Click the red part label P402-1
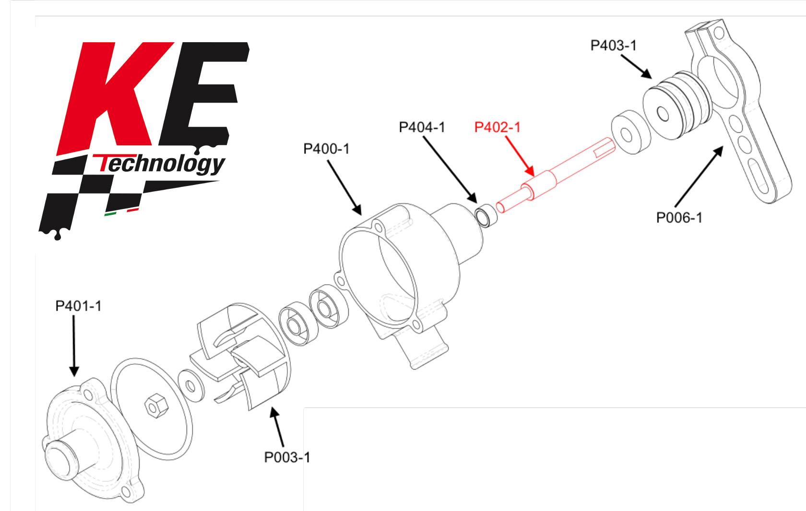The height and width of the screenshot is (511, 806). pos(497,128)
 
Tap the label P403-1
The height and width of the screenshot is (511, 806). pos(614,46)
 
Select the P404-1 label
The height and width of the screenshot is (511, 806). pos(422,128)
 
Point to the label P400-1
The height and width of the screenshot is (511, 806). pos(326,149)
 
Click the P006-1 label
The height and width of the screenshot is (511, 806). pos(679,218)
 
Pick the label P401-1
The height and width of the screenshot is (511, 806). pos(79,306)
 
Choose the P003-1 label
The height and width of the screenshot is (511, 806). pos(287,457)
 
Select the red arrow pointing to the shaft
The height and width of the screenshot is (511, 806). pos(520,156)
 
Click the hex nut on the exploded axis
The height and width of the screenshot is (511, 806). pos(156,406)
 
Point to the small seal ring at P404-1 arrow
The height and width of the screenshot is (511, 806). pos(486,216)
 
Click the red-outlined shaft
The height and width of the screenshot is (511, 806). pos(556,175)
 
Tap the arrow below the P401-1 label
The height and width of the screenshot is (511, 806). pos(74,346)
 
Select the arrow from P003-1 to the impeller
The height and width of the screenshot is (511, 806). pos(277,427)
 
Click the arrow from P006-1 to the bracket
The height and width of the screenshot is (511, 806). pos(699,176)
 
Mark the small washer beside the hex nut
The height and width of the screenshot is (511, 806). pos(191,386)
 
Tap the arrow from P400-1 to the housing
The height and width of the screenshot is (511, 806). pos(344,188)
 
